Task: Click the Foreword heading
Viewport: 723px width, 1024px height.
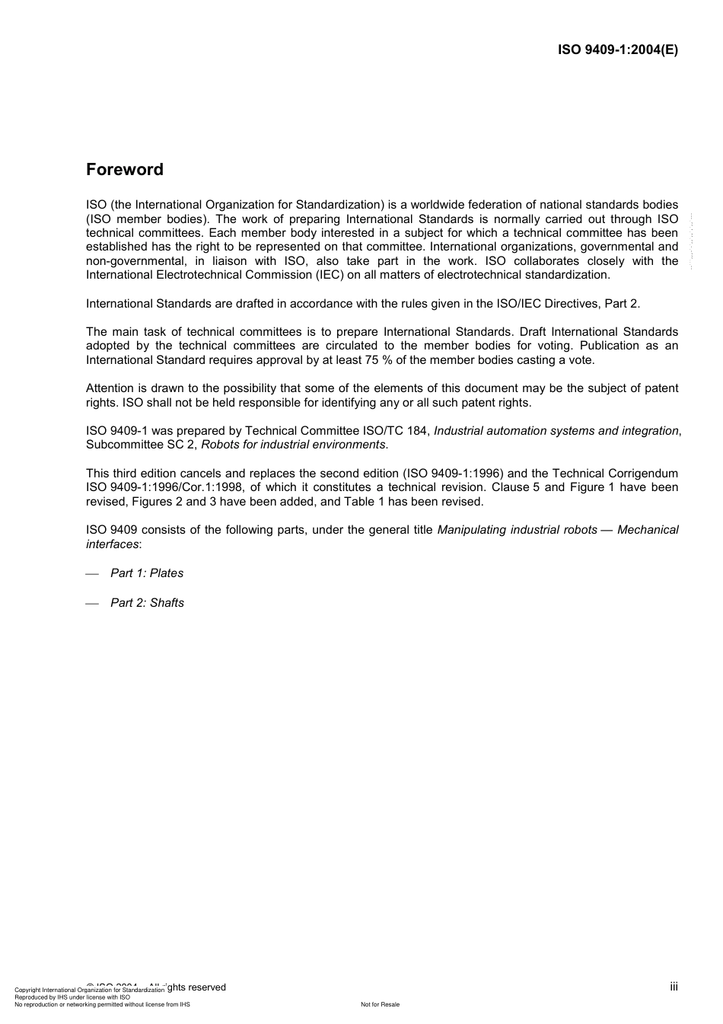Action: click(125, 170)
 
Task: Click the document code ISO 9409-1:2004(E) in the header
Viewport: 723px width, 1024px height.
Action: click(618, 50)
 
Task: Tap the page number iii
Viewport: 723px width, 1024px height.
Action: click(674, 987)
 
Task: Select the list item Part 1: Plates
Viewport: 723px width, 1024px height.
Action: click(147, 573)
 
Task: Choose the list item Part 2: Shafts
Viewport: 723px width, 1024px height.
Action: click(147, 603)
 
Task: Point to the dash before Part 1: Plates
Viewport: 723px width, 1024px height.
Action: click(93, 574)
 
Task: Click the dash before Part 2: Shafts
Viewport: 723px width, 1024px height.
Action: click(93, 604)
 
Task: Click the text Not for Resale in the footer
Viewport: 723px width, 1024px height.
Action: click(380, 1004)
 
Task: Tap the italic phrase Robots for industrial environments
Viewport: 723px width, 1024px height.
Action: click(293, 445)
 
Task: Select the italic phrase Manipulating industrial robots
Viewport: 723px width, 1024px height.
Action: click(517, 530)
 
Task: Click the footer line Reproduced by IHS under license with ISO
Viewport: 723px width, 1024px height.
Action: click(72, 997)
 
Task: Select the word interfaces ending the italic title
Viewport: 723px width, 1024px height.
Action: click(112, 544)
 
